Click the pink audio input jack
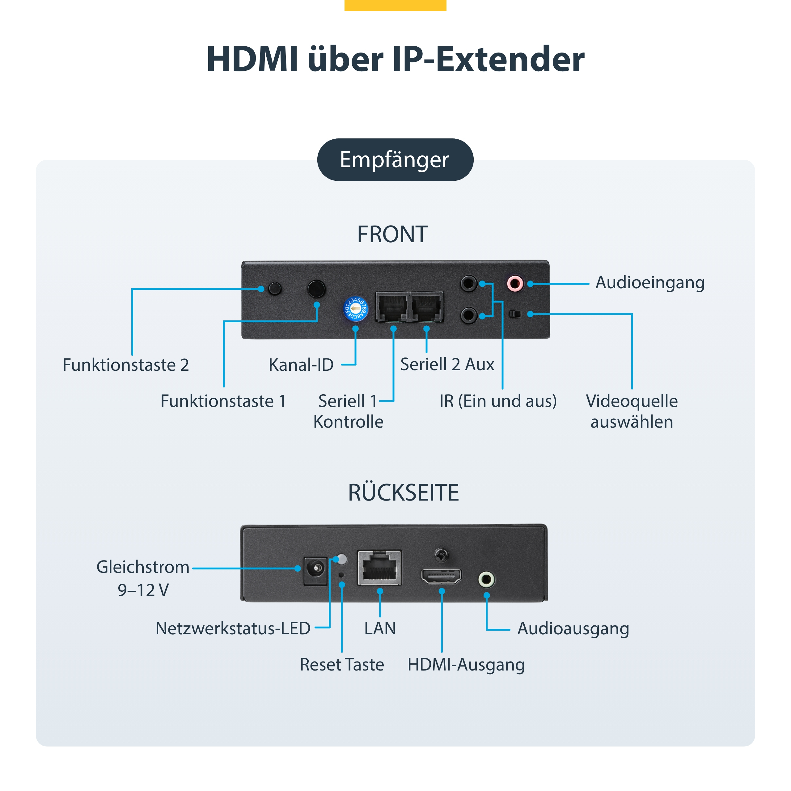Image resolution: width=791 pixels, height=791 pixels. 515,283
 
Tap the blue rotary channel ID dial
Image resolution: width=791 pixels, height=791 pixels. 355,309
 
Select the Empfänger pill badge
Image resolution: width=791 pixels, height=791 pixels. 395,160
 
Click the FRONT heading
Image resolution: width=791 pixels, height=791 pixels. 392,234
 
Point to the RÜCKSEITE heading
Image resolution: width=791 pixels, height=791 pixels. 403,492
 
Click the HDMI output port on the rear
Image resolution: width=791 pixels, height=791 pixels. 441,576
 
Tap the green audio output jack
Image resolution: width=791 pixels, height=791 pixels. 486,579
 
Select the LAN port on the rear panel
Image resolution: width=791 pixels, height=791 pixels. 379,568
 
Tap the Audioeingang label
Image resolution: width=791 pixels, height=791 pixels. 650,282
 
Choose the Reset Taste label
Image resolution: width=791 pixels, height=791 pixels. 342,665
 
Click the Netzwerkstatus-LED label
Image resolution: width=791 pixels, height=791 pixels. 233,628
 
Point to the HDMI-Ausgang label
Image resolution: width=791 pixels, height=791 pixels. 466,665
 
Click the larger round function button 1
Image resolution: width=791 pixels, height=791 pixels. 316,289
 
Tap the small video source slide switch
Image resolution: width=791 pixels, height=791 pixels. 515,314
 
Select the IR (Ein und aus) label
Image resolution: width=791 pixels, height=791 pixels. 498,401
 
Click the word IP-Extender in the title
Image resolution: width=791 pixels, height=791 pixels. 488,59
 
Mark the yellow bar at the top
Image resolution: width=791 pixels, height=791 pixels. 395,5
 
